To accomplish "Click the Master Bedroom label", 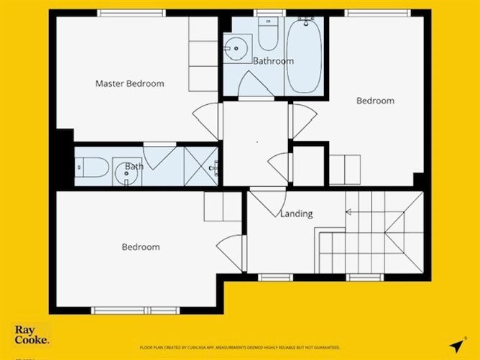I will (129, 83).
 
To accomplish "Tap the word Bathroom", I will (273, 61).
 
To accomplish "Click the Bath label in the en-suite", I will (134, 167).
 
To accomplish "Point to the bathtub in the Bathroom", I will (305, 54).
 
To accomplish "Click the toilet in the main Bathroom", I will (267, 32).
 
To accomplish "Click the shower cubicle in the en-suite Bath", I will (201, 167).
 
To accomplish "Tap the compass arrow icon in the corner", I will (456, 344).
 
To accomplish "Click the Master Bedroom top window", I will (131, 13).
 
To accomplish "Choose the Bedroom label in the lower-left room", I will (140, 247).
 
